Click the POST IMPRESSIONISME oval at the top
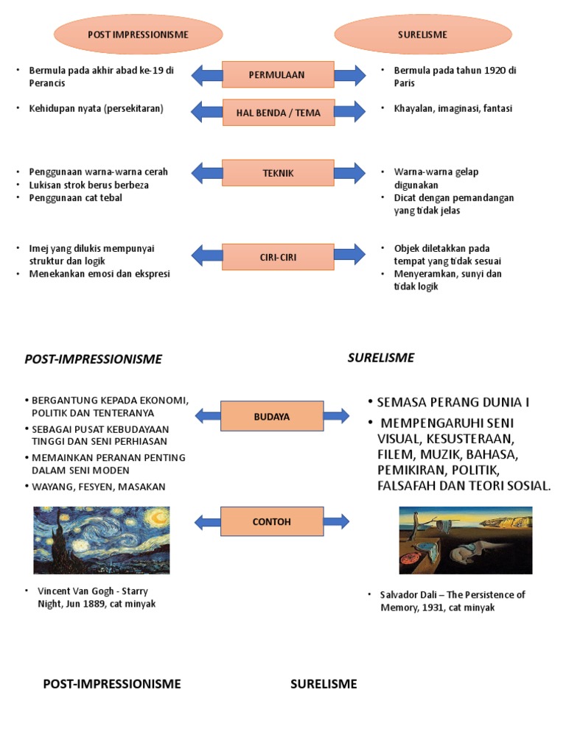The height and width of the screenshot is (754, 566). click(138, 35)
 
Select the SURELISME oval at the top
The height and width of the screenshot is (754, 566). click(422, 35)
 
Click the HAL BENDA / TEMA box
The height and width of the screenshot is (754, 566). click(278, 113)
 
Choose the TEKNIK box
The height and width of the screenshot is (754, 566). click(278, 173)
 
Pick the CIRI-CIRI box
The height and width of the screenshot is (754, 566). click(278, 257)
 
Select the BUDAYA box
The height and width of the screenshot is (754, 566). click(272, 416)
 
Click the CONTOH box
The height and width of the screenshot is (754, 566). click(272, 521)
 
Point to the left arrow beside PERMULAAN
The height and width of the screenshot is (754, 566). click(207, 74)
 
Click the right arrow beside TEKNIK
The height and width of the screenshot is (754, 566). click(349, 173)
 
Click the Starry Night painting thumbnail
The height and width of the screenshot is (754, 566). click(102, 540)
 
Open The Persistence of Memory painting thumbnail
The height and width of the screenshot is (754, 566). click(465, 540)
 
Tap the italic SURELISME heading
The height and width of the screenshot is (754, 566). click(381, 358)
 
